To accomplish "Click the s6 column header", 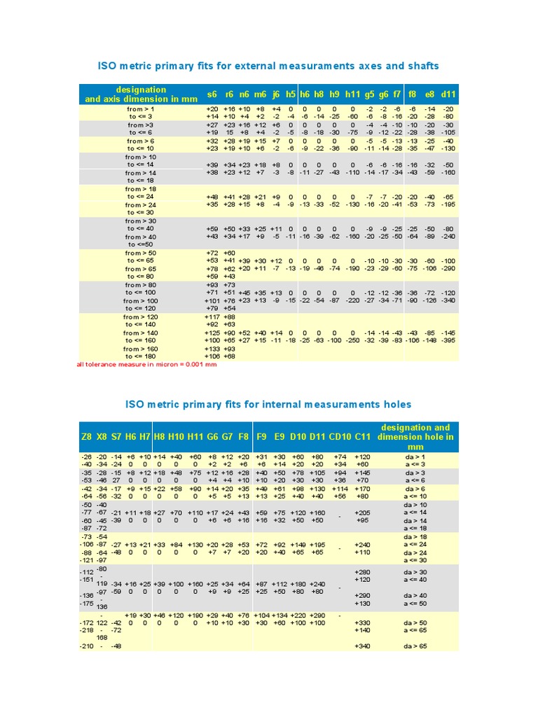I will pos(212,94).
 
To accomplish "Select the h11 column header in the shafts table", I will pos(352,94).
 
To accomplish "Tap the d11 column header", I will pos(449,94).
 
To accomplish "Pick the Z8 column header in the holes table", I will pos(86,437).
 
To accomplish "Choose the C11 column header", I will pos(363,437).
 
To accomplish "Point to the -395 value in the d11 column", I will pos(449,340).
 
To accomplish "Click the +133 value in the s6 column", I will pos(212,348).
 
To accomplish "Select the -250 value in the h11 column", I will pos(352,340).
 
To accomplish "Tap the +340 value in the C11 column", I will pos(363,646).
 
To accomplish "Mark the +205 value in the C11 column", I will pos(363,513).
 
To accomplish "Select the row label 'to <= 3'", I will pos(141,116).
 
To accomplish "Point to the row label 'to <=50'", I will pos(141,244).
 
